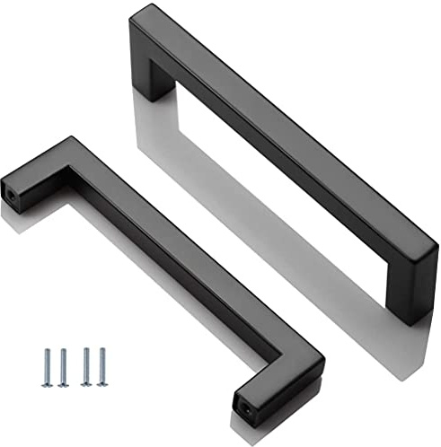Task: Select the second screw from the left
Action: [x=63, y=366]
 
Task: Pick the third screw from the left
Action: [x=86, y=365]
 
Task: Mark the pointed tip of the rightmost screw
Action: [x=101, y=384]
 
